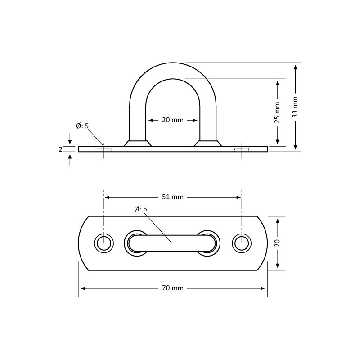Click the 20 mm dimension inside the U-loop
173,120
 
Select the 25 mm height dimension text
277,112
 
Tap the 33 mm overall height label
295,107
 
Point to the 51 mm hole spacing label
173,197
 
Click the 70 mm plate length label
173,288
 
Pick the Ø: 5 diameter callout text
82,126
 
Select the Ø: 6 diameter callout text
140,209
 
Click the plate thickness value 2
60,149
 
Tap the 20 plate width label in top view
278,243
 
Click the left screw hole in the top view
104,243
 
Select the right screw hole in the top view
242,243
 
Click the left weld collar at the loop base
138,143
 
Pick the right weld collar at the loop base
208,143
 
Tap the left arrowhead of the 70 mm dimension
81,288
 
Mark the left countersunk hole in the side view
104,148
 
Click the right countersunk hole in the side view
242,148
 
